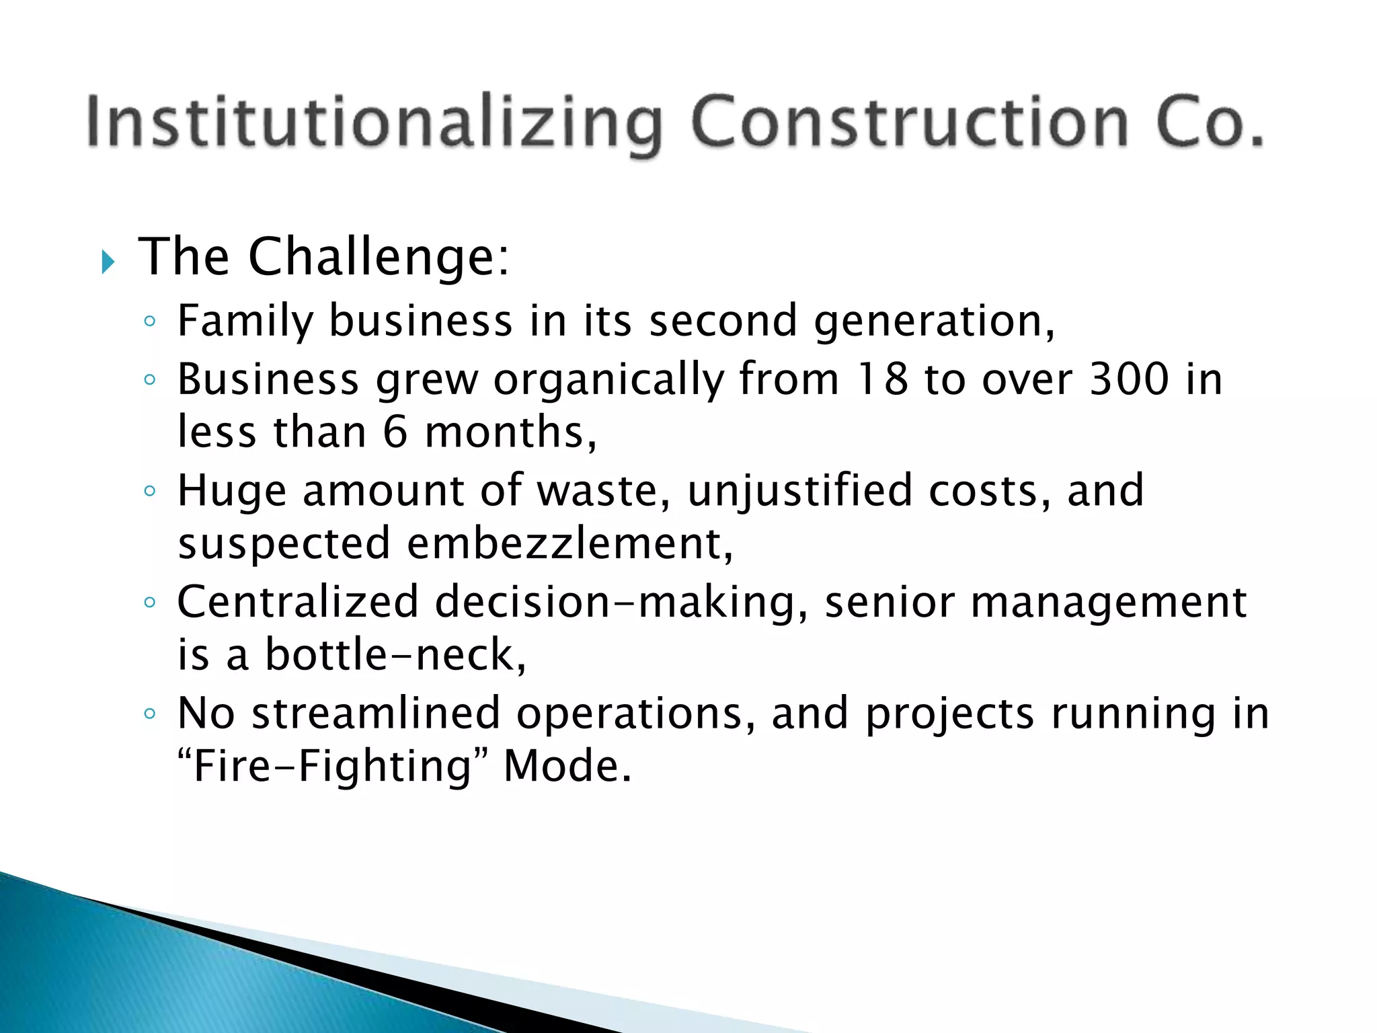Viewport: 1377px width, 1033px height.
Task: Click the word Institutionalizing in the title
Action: [374, 123]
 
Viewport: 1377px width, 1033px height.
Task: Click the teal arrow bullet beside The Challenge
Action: [108, 261]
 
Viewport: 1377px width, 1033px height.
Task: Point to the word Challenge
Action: [379, 258]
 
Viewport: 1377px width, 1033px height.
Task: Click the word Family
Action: [245, 321]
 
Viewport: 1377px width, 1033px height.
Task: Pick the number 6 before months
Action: [395, 432]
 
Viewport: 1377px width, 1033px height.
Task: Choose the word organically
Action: [608, 381]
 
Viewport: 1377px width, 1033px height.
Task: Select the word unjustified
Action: [800, 492]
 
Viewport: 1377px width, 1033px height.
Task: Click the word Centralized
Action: [298, 601]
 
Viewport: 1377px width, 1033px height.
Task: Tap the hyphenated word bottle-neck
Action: [395, 654]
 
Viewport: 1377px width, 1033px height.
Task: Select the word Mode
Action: [567, 766]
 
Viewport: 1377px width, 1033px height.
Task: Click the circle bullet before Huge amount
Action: [150, 491]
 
